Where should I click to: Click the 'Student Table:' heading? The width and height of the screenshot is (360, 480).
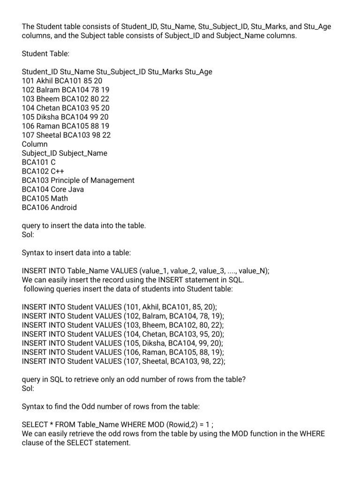tap(45, 54)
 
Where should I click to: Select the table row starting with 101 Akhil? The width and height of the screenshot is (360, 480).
tap(62, 81)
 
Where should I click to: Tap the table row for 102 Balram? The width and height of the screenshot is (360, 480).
tap(66, 90)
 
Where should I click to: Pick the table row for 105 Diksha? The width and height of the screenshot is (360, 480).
tap(65, 117)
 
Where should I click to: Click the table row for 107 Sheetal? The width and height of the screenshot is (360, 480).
tap(66, 135)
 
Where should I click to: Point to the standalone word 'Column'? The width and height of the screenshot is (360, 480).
tap(35, 144)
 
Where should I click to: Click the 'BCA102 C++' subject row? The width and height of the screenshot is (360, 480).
tap(43, 171)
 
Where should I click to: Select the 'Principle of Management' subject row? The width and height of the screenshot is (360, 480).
tap(78, 180)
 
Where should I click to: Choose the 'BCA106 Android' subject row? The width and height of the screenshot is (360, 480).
tap(49, 207)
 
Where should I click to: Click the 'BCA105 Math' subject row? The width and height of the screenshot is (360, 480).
tap(45, 198)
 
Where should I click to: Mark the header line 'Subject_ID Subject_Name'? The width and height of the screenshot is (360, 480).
tap(65, 153)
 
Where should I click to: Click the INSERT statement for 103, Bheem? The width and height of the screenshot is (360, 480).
tap(123, 325)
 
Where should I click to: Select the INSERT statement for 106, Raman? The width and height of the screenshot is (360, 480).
tap(123, 352)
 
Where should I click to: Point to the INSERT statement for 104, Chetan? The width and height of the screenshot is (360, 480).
tap(123, 334)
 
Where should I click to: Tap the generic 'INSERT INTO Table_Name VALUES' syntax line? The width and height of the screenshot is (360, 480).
tap(146, 271)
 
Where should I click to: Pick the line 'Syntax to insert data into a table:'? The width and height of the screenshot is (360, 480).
tap(76, 253)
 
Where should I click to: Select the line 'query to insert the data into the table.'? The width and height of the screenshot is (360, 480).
tap(84, 225)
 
